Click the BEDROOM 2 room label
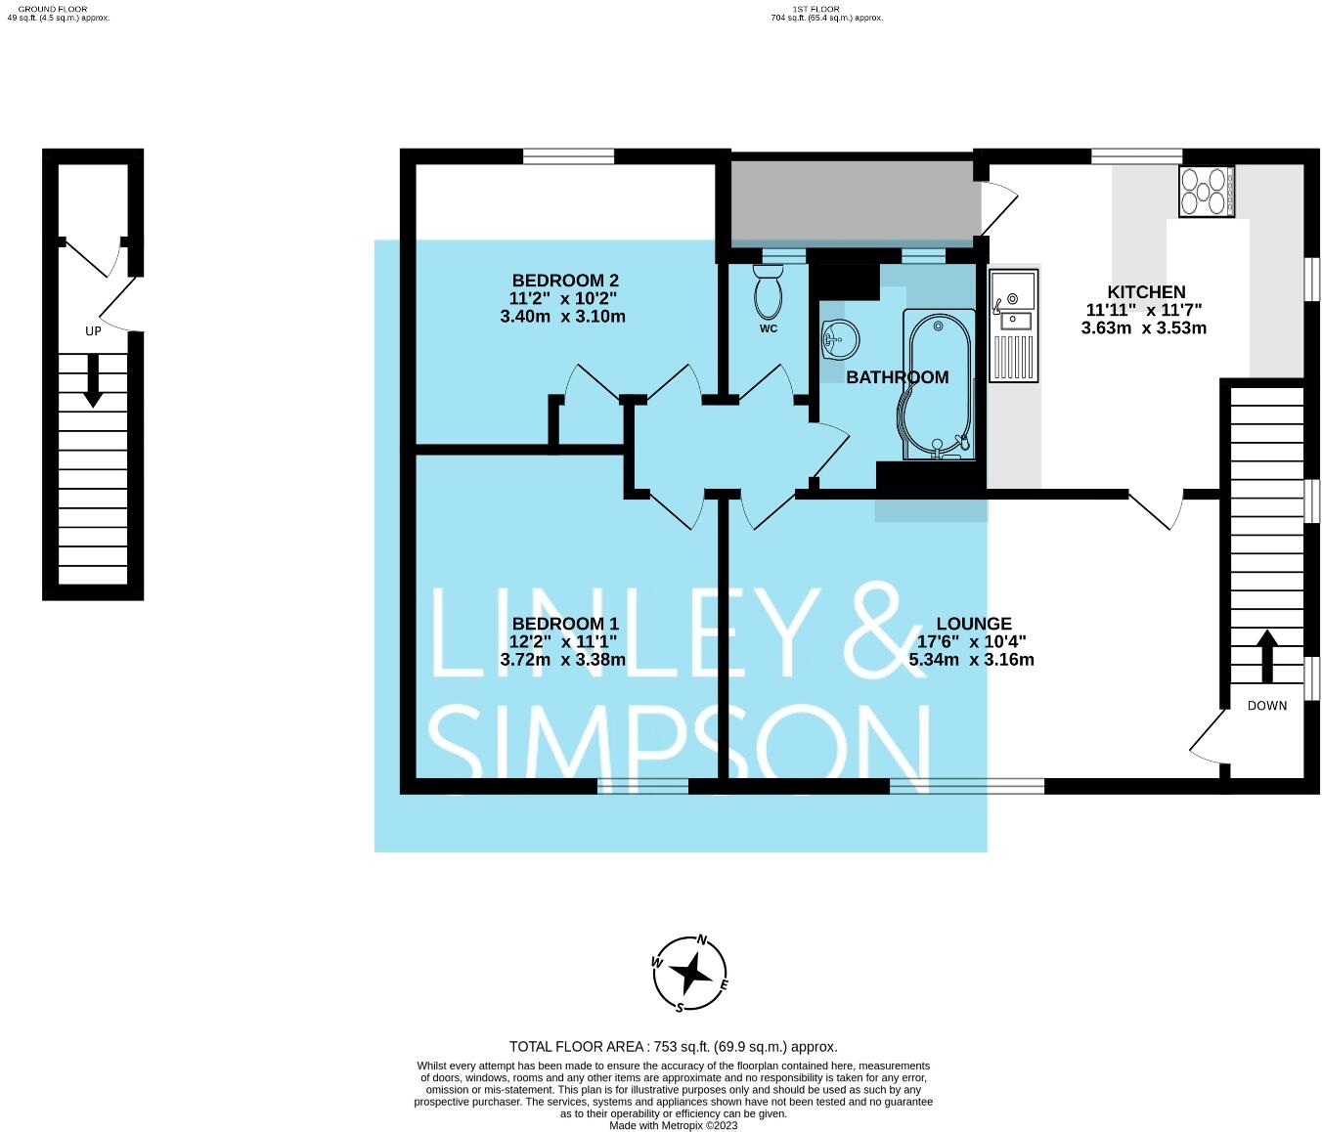[x=565, y=281]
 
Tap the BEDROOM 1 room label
[x=565, y=624]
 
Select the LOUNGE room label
[x=974, y=624]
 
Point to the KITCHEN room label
[x=1145, y=292]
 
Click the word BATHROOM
[x=897, y=377]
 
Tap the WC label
[x=768, y=328]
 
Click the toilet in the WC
[x=768, y=292]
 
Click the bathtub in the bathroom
[x=939, y=386]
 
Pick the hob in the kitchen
[x=1206, y=191]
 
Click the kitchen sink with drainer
[x=1013, y=326]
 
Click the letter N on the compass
[x=702, y=940]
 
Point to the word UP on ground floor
[x=93, y=331]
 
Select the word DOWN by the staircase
[x=1266, y=706]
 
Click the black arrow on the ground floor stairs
[x=93, y=381]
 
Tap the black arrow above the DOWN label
[x=1267, y=657]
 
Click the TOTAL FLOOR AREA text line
[x=673, y=1047]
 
